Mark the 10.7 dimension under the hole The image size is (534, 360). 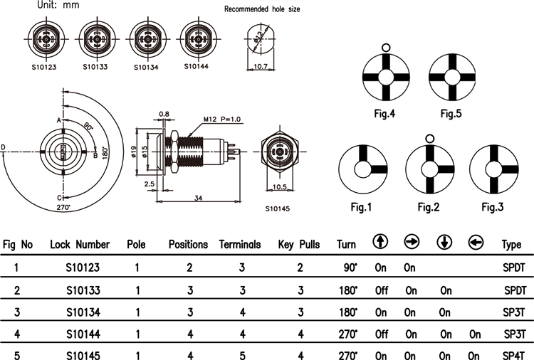pyautogui.click(x=261, y=67)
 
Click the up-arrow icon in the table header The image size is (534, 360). pyautogui.click(x=381, y=243)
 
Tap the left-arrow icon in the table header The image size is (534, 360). pyautogui.click(x=475, y=243)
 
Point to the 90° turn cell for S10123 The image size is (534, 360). pyautogui.click(x=348, y=268)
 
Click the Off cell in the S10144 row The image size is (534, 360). pyautogui.click(x=381, y=334)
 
